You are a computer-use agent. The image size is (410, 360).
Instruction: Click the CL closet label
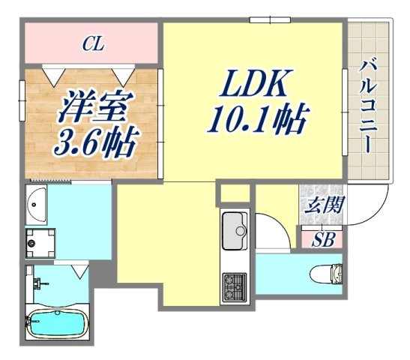pyautogui.click(x=92, y=45)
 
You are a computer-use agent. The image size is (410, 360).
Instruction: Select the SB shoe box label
pyautogui.click(x=323, y=240)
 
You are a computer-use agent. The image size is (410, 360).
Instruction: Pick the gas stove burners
pyautogui.click(x=234, y=286)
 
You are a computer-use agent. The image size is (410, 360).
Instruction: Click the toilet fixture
pyautogui.click(x=329, y=273)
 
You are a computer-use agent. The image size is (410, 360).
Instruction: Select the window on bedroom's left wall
pyautogui.click(x=22, y=97)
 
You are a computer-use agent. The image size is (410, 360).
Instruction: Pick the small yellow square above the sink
pyautogui.click(x=235, y=193)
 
